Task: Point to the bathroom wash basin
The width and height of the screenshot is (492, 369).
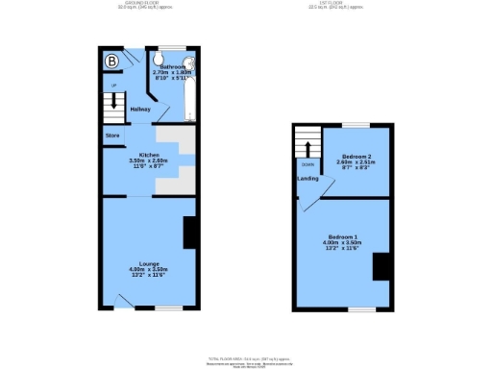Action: pyautogui.click(x=179, y=54)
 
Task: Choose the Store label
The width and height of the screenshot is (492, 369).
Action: pyautogui.click(x=111, y=135)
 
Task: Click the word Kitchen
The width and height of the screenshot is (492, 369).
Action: pyautogui.click(x=148, y=155)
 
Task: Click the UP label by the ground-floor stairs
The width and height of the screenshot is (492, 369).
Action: pyautogui.click(x=113, y=86)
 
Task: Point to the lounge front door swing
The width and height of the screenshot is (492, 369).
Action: pyautogui.click(x=122, y=303)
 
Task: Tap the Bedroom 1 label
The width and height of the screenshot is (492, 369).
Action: pyautogui.click(x=342, y=236)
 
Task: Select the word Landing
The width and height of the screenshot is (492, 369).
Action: pyautogui.click(x=308, y=179)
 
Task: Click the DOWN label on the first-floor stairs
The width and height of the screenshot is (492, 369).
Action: pyautogui.click(x=307, y=163)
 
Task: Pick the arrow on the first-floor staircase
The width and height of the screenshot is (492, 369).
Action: pyautogui.click(x=307, y=147)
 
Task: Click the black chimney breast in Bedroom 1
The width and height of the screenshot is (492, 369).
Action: pyautogui.click(x=381, y=265)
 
